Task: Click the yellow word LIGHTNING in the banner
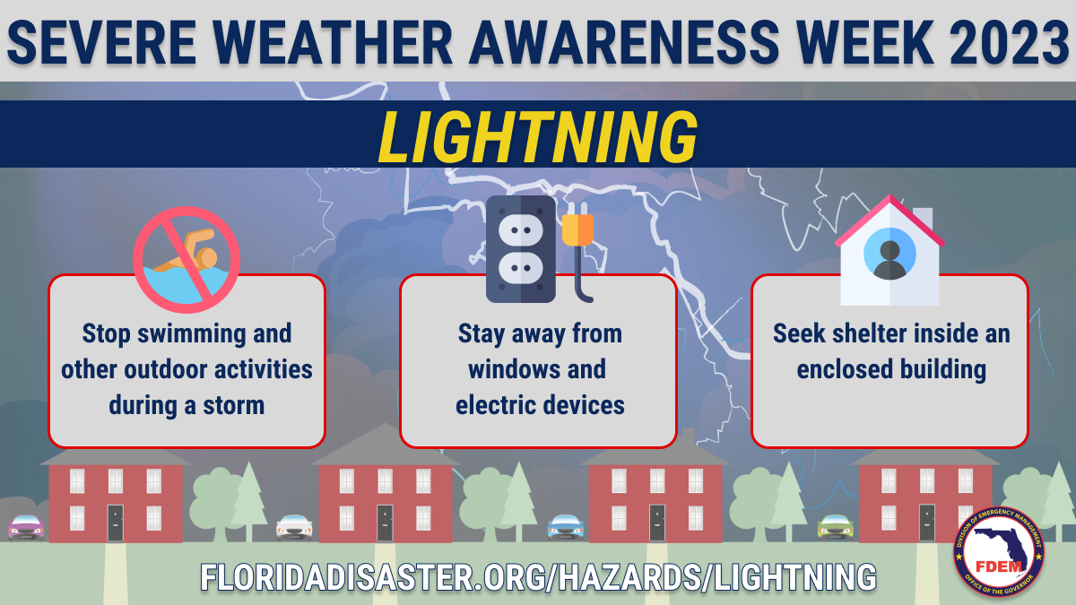pos(537,138)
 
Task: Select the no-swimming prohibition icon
pos(187,260)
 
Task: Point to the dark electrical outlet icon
pos(521,249)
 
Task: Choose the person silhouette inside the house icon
pos(889,260)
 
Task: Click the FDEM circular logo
pos(999,551)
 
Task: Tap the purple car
pos(26,528)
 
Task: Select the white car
pos(294,528)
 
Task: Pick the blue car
pos(566,527)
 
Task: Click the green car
pos(836,527)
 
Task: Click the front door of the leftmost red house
pos(116,523)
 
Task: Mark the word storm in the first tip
pos(233,405)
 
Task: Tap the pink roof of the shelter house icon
pos(889,220)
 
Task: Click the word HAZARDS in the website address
pos(629,576)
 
